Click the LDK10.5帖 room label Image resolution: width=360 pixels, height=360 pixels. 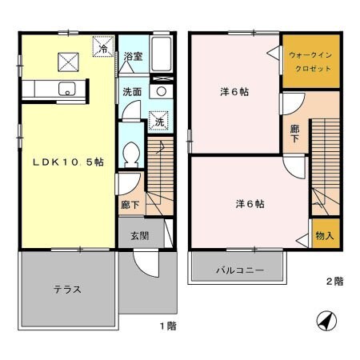click(67, 162)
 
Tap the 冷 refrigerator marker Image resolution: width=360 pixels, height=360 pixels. click(103, 49)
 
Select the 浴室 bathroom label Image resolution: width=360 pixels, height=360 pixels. click(133, 57)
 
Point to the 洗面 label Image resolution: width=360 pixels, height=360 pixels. click(132, 91)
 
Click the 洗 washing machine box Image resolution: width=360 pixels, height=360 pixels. click(159, 122)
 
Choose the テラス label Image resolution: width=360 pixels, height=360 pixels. click(68, 289)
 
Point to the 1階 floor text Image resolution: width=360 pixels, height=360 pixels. click(166, 327)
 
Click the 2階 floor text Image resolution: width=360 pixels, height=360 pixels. click(334, 282)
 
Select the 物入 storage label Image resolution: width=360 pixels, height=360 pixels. click(324, 236)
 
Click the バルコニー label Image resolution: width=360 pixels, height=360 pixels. click(238, 270)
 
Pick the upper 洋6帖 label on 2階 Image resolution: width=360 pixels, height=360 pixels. click(234, 92)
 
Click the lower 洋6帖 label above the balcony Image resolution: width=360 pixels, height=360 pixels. click(250, 203)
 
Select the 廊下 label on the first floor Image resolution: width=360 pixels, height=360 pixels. click(129, 205)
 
